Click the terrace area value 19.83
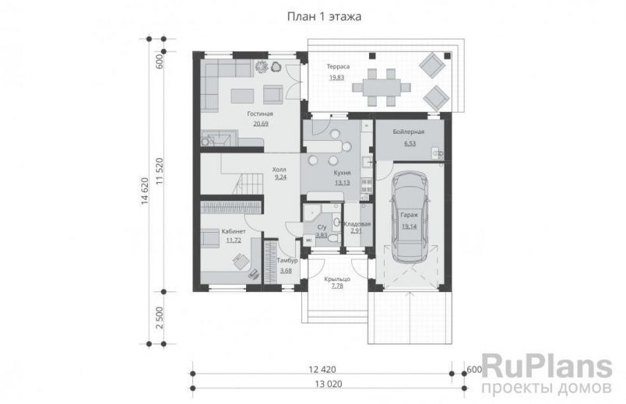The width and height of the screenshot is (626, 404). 337,78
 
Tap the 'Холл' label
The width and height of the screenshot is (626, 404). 280,169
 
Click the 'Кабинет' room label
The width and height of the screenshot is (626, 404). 234,232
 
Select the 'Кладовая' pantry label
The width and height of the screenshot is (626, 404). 357,223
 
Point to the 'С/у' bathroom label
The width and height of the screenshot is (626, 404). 322,227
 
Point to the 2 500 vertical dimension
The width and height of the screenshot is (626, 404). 159,319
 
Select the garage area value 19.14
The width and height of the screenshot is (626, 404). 410,227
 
